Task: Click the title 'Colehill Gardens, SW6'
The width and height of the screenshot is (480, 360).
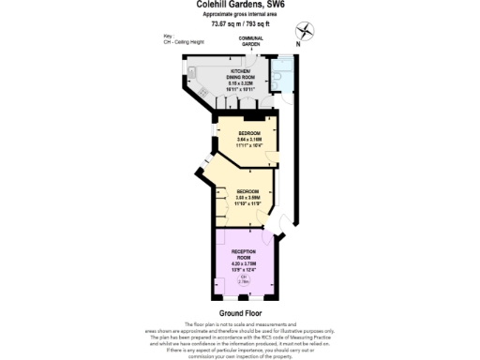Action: tap(241, 5)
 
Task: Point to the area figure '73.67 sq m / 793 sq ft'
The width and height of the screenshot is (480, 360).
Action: tap(241, 24)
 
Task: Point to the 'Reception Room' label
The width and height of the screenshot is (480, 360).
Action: tap(243, 254)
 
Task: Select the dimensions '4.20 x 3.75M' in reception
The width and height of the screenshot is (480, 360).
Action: tap(243, 264)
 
